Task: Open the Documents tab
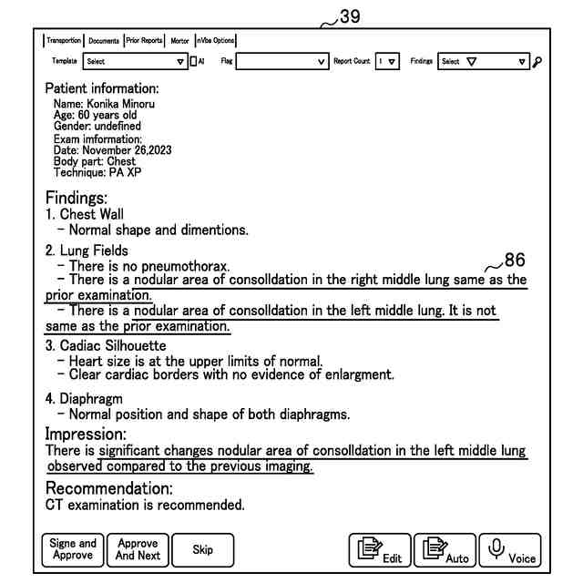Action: (104, 40)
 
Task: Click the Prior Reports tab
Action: (145, 40)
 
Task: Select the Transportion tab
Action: (64, 40)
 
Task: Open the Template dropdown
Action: (134, 62)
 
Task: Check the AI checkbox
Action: (193, 62)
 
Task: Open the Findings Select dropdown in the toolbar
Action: (483, 62)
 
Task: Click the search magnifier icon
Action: (537, 62)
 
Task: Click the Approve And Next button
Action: (138, 549)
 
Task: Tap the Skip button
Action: (203, 549)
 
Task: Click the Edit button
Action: (379, 550)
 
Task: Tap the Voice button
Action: (510, 550)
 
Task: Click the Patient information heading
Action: (102, 89)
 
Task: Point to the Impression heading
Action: (86, 434)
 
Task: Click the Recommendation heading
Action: (108, 488)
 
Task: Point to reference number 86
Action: (515, 261)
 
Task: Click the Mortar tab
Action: (180, 40)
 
